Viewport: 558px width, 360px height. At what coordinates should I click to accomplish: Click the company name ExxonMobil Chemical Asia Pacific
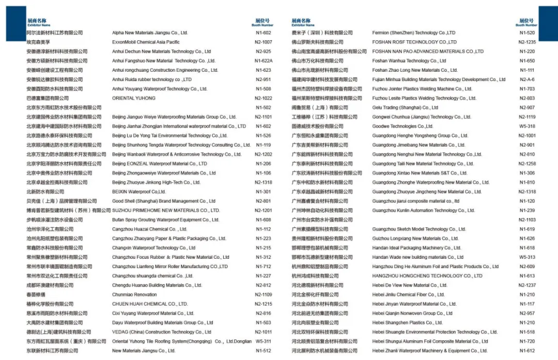pyautogui.click(x=146, y=42)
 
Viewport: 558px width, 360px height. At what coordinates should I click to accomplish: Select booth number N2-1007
pyautogui.click(x=263, y=42)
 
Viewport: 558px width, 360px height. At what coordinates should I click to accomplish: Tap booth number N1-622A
pyautogui.click(x=263, y=61)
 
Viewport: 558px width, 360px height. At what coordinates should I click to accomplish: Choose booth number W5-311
pyautogui.click(x=263, y=341)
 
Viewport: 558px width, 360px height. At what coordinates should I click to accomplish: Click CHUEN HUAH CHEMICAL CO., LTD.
pyautogui.click(x=150, y=304)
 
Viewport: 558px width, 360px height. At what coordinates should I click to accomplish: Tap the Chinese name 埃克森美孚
pyautogui.click(x=38, y=42)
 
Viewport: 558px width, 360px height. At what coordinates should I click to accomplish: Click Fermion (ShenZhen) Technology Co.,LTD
pyautogui.click(x=413, y=33)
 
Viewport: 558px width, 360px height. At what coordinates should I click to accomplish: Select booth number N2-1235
pyautogui.click(x=527, y=42)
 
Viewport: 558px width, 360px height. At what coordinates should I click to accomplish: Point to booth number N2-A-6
pyautogui.click(x=527, y=80)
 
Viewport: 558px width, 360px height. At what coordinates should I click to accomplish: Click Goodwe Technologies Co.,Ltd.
pyautogui.click(x=402, y=127)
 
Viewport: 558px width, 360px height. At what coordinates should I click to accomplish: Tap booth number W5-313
pyautogui.click(x=527, y=257)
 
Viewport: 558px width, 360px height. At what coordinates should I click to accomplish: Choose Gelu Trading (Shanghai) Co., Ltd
pyautogui.click(x=405, y=108)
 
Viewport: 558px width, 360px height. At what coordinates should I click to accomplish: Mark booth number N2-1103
pyautogui.click(x=527, y=220)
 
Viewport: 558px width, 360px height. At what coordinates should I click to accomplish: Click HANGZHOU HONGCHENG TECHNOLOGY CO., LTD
pyautogui.click(x=427, y=276)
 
